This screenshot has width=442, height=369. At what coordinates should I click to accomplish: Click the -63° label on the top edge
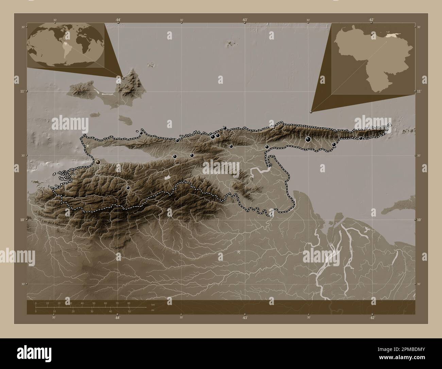[244, 20]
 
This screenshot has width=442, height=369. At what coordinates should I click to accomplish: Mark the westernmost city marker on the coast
[98, 162]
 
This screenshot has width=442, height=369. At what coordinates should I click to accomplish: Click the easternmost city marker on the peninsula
[361, 138]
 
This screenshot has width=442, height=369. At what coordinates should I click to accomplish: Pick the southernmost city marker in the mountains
[128, 188]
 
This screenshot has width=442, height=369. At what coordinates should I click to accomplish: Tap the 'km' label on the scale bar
[153, 304]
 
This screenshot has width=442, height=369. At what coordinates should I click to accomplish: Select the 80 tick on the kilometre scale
[129, 303]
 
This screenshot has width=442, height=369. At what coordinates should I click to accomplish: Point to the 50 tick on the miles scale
[129, 311]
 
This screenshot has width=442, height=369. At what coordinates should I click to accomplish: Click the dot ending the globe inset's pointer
[123, 78]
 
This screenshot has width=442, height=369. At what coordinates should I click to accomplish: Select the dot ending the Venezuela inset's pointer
[311, 111]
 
